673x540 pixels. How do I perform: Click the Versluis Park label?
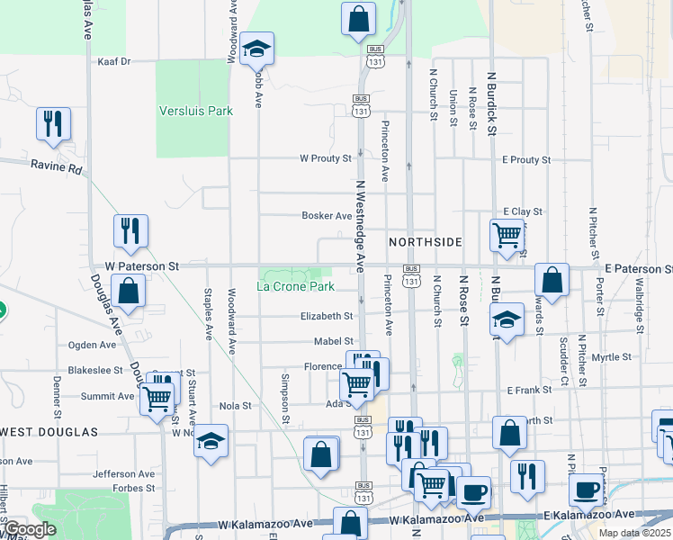click(x=195, y=111)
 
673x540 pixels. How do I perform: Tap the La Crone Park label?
click(x=295, y=286)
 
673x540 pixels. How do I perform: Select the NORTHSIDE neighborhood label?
click(x=425, y=242)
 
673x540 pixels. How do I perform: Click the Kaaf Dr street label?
click(x=113, y=62)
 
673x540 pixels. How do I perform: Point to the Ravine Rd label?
click(x=56, y=167)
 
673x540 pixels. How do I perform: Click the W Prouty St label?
click(x=326, y=158)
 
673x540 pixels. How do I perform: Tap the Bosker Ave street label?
click(x=327, y=216)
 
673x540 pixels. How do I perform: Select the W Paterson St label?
click(x=142, y=266)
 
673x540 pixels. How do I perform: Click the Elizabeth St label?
click(x=327, y=316)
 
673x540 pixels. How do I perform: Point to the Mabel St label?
click(x=333, y=341)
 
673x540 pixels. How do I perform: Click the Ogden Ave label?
click(x=93, y=345)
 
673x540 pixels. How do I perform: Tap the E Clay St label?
click(x=524, y=211)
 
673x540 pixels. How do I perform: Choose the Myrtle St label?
click(x=612, y=357)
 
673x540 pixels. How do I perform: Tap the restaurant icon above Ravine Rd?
click(x=53, y=123)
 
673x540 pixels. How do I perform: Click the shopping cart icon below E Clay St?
click(x=507, y=235)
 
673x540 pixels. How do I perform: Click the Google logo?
click(x=29, y=530)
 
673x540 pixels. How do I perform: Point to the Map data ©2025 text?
click(x=633, y=533)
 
